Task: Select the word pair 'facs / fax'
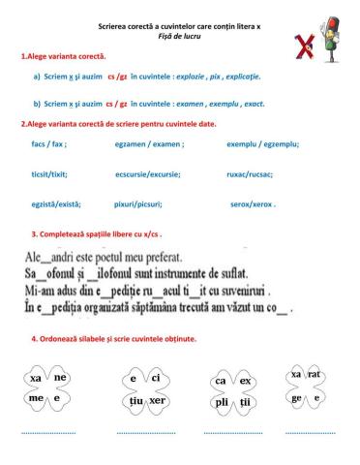point(48,143)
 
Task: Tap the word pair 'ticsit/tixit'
point(49,174)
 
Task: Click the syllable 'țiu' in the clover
point(135,398)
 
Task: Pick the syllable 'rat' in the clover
point(315,373)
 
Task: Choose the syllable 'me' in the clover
point(37,398)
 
